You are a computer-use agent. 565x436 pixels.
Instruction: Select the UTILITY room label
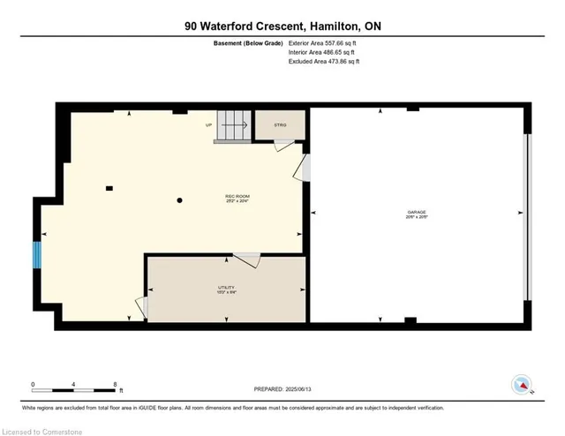(x=227, y=289)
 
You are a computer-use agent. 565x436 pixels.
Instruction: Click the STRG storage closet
(x=280, y=125)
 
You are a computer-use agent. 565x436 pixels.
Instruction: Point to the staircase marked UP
(x=234, y=125)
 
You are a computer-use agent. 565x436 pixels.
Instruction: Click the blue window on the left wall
(x=37, y=254)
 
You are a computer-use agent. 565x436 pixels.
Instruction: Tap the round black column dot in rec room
(x=179, y=201)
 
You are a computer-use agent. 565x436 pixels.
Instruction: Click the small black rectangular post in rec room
(x=109, y=187)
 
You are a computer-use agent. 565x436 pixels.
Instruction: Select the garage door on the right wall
(x=527, y=216)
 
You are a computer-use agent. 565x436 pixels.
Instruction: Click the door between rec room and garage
(x=305, y=168)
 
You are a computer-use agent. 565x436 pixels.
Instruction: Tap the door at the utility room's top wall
(x=247, y=259)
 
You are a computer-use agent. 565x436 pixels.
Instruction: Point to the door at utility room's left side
(x=141, y=307)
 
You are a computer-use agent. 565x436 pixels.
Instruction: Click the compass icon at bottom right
(x=522, y=384)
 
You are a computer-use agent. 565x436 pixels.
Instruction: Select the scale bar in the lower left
(x=75, y=386)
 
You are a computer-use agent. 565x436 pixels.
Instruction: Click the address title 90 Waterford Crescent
(x=282, y=26)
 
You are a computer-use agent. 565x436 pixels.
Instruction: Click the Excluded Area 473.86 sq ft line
(x=325, y=62)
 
